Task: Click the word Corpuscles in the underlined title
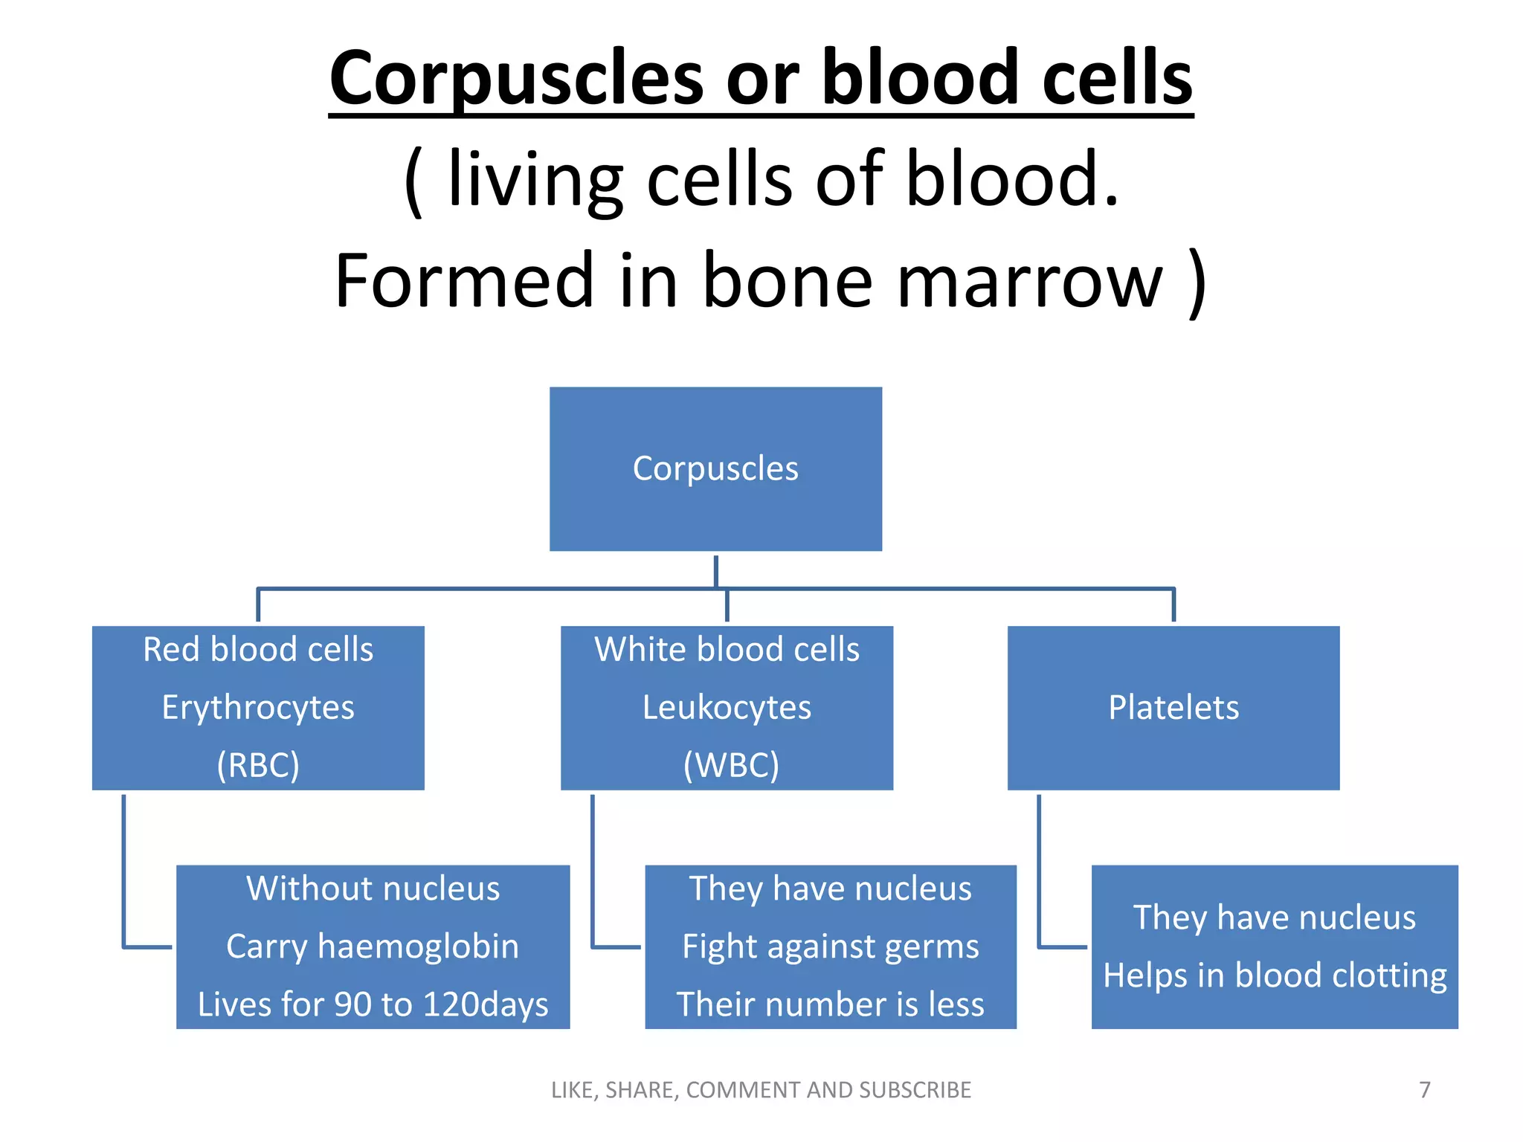tap(516, 79)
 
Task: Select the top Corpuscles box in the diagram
tap(715, 468)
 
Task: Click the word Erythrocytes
tap(258, 708)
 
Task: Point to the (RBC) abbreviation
tap(258, 765)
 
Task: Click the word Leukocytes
tap(727, 708)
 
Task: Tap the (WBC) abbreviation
tap(731, 765)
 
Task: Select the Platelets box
tap(1173, 708)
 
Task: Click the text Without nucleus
tap(373, 889)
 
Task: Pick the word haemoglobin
tap(418, 947)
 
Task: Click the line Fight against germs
tap(830, 947)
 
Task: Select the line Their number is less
tap(830, 1005)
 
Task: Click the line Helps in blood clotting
tap(1275, 976)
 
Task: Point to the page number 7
tap(1425, 1090)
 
